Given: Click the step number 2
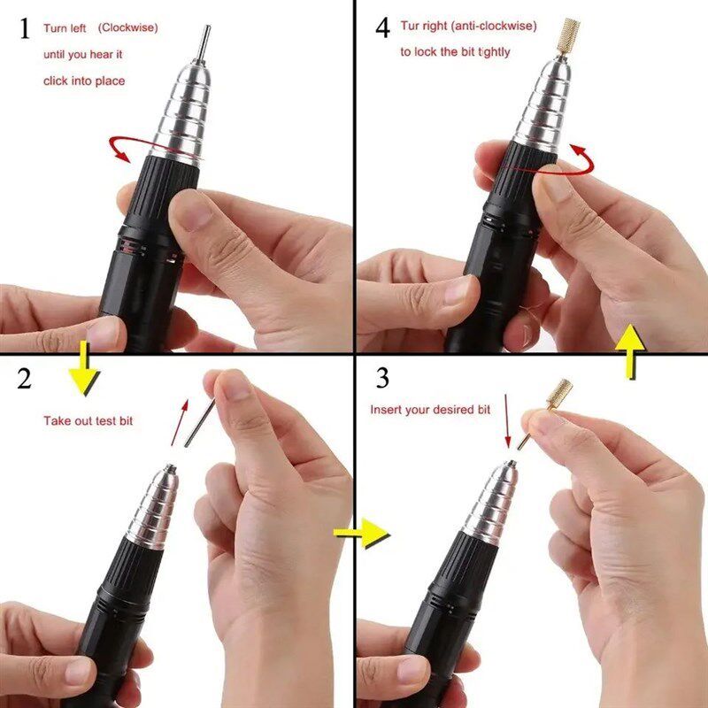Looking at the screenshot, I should (x=25, y=378).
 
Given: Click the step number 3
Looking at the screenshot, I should (x=382, y=378).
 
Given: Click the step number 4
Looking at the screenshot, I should (x=382, y=27).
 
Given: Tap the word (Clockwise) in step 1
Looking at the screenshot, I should (x=128, y=27).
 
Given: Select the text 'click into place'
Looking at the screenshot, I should (x=84, y=81).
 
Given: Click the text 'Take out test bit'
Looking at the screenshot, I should (x=88, y=420).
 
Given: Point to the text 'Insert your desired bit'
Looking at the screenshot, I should (x=430, y=410).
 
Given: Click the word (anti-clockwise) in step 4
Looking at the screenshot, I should (x=493, y=26).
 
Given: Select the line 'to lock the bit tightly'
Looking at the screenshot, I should (x=455, y=52).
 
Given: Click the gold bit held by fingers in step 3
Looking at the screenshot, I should (x=558, y=396).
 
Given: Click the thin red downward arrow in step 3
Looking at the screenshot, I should (x=507, y=422).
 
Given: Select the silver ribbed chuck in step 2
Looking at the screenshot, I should (x=152, y=507).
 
